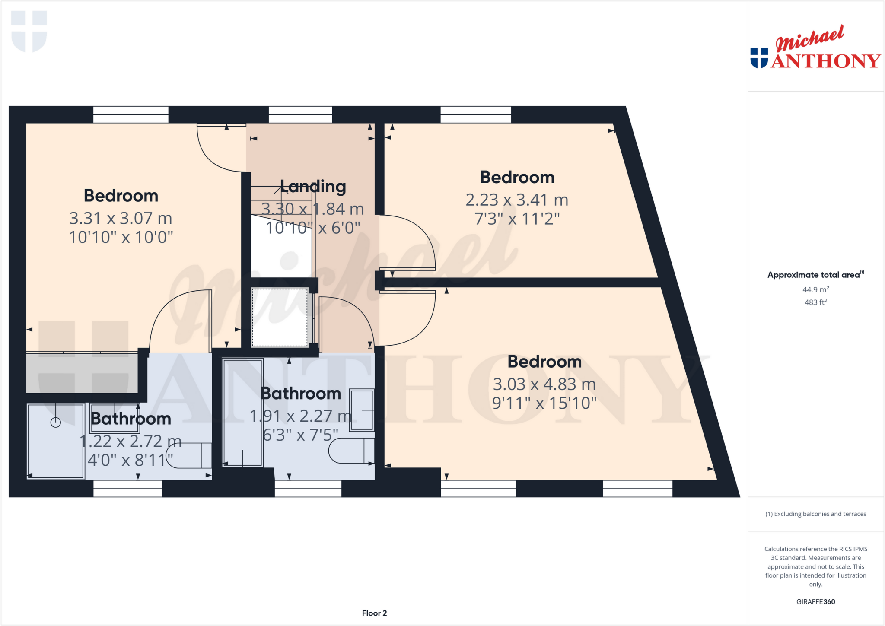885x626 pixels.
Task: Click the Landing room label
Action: click(x=313, y=187)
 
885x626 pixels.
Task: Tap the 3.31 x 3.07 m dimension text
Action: click(x=121, y=219)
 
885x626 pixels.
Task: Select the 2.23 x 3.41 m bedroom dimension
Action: click(x=516, y=200)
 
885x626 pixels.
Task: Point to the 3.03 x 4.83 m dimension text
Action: click(x=544, y=384)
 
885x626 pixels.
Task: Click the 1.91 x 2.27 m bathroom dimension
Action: click(x=301, y=416)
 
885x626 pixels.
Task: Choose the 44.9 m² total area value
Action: click(x=815, y=290)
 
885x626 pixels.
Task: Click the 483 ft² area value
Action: click(x=815, y=302)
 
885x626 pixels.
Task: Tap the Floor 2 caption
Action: click(x=374, y=613)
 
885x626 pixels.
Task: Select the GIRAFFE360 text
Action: click(x=815, y=601)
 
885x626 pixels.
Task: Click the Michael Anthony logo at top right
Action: click(x=815, y=48)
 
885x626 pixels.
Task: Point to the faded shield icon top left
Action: click(x=29, y=31)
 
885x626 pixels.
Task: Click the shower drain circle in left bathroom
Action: click(x=56, y=423)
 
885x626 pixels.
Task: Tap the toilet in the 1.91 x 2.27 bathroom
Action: click(x=350, y=451)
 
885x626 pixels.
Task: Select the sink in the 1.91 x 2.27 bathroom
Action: click(x=362, y=410)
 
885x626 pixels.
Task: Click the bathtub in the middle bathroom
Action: click(x=242, y=413)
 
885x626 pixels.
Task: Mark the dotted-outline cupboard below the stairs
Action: click(x=280, y=317)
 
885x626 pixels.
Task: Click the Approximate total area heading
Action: click(x=815, y=275)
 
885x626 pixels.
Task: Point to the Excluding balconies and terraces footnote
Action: click(x=815, y=514)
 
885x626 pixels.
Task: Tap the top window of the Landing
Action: click(x=300, y=115)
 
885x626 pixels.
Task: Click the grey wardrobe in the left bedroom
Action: click(x=82, y=372)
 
